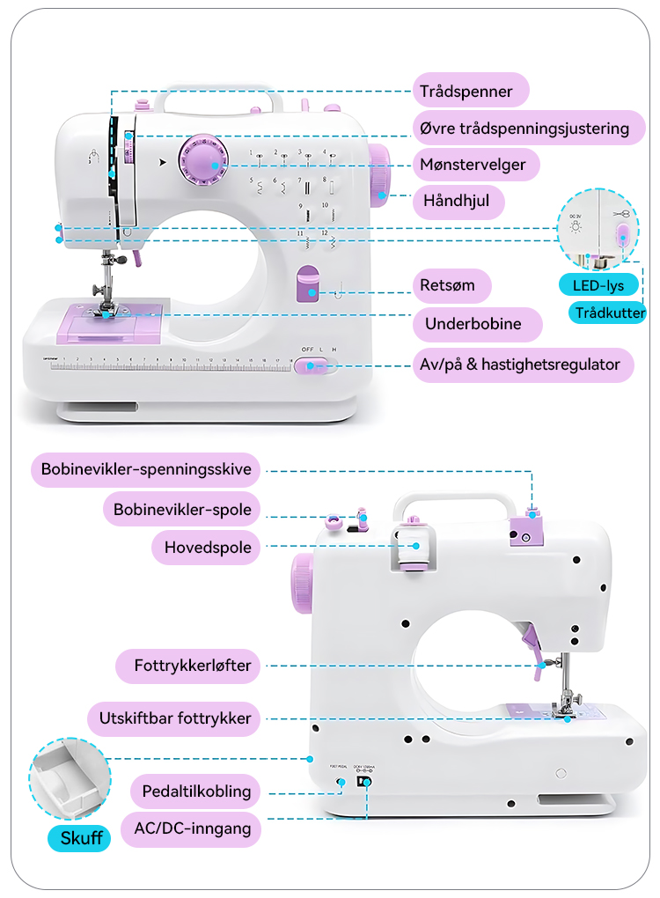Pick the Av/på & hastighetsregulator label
[x=524, y=364]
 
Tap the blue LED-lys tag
[x=598, y=284]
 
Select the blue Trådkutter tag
[x=608, y=312]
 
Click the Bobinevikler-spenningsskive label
[x=146, y=469]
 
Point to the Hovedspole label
[x=207, y=548]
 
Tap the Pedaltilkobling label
[x=196, y=791]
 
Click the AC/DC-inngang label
[x=192, y=828]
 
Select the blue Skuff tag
[x=79, y=837]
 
